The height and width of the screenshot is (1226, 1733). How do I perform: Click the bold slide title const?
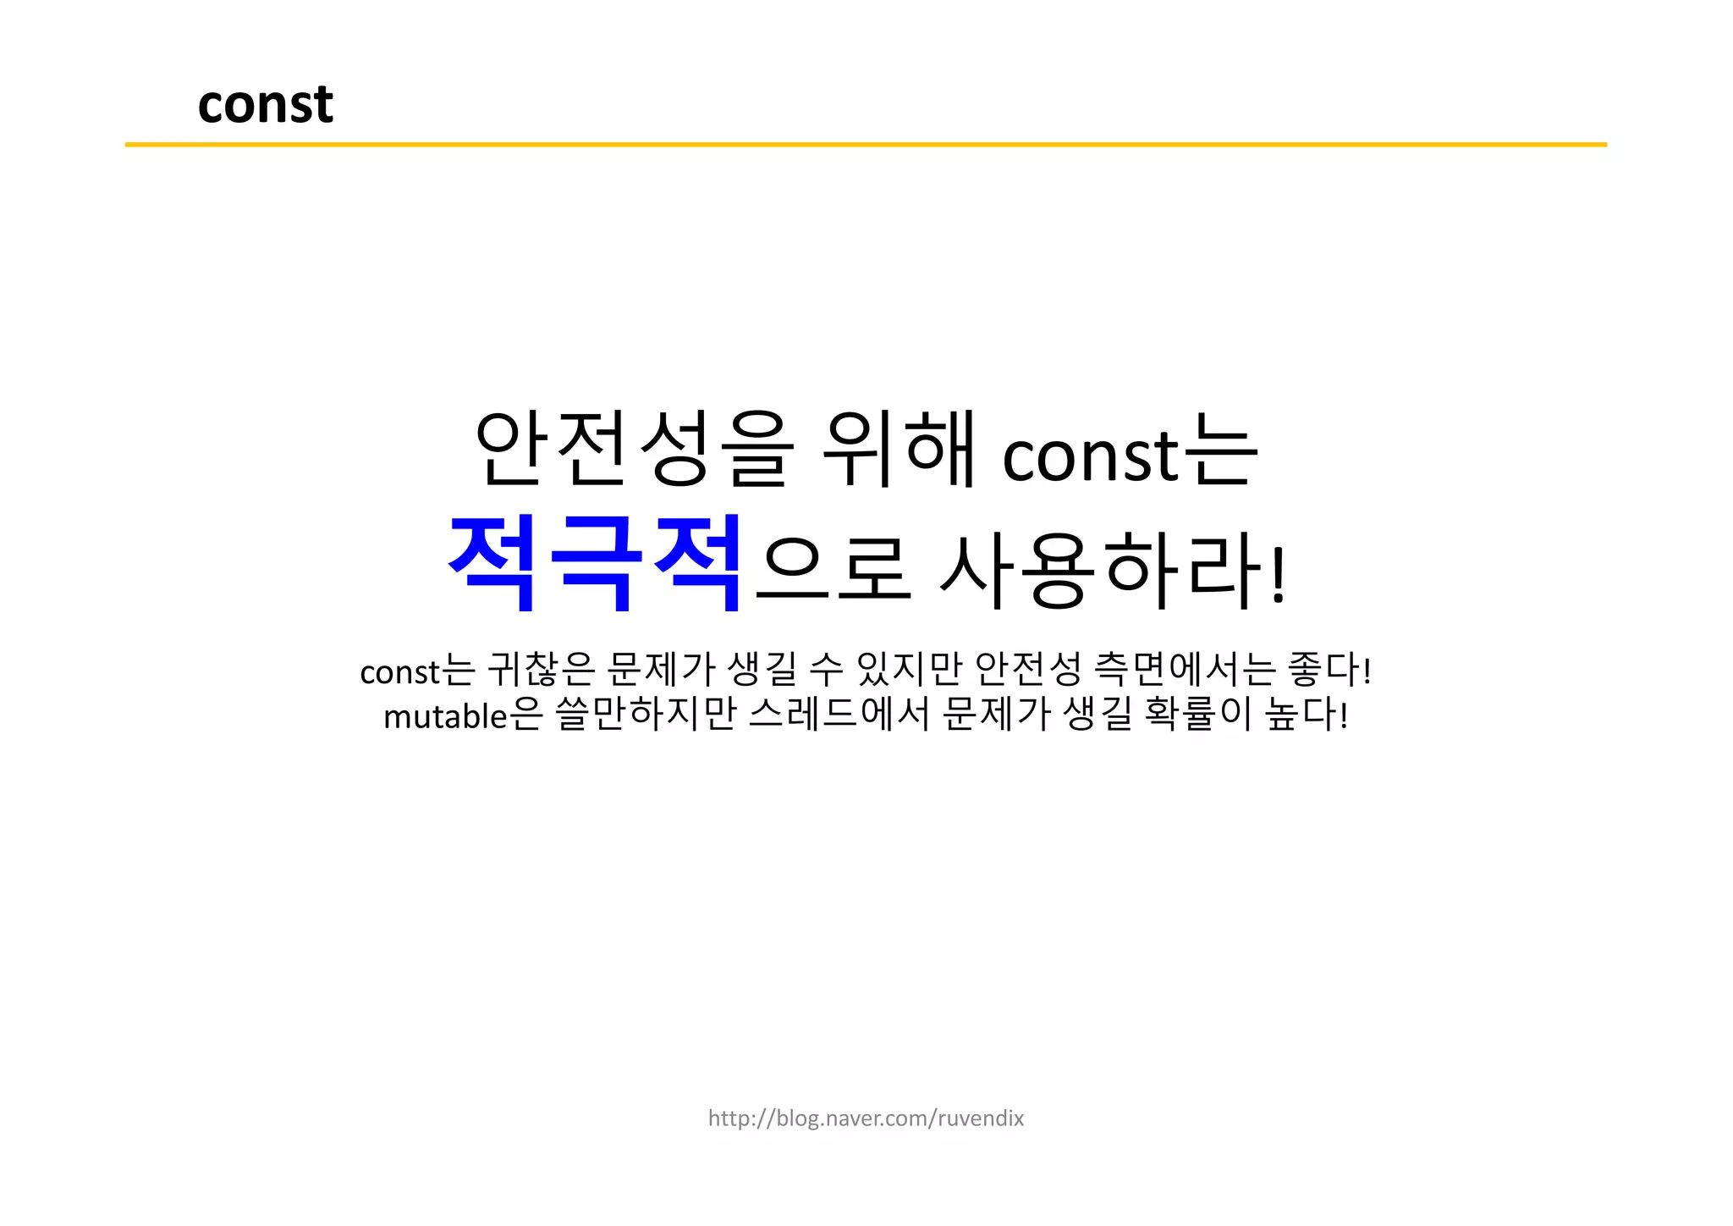[265, 104]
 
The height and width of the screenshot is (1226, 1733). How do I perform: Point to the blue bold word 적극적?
[595, 564]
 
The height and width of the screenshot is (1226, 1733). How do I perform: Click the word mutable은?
[462, 715]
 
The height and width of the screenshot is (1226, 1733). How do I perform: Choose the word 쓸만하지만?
[645, 715]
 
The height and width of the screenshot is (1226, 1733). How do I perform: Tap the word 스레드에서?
[839, 715]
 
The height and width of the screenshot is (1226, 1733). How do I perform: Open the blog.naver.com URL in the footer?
[866, 1118]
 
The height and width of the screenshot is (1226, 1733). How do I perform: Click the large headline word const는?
[1130, 453]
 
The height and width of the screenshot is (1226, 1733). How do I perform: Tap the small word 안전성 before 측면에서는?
[1028, 670]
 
